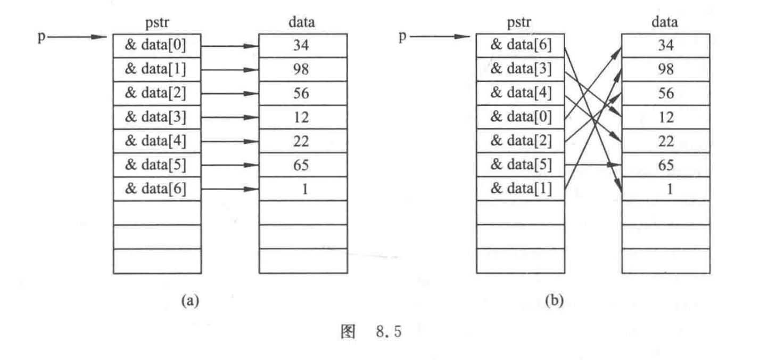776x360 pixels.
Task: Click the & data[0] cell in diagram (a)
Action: click(157, 46)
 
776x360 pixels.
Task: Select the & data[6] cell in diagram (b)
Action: click(521, 46)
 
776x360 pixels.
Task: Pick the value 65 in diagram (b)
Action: click(665, 165)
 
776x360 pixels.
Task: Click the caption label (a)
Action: click(190, 301)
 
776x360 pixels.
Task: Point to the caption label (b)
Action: click(554, 301)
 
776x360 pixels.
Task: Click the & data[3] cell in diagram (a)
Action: click(157, 117)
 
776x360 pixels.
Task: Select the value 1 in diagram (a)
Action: click(304, 189)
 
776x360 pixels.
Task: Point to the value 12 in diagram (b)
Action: click(665, 117)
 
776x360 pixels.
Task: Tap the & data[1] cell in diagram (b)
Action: click(521, 189)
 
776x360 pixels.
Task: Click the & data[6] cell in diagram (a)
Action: click(157, 189)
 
